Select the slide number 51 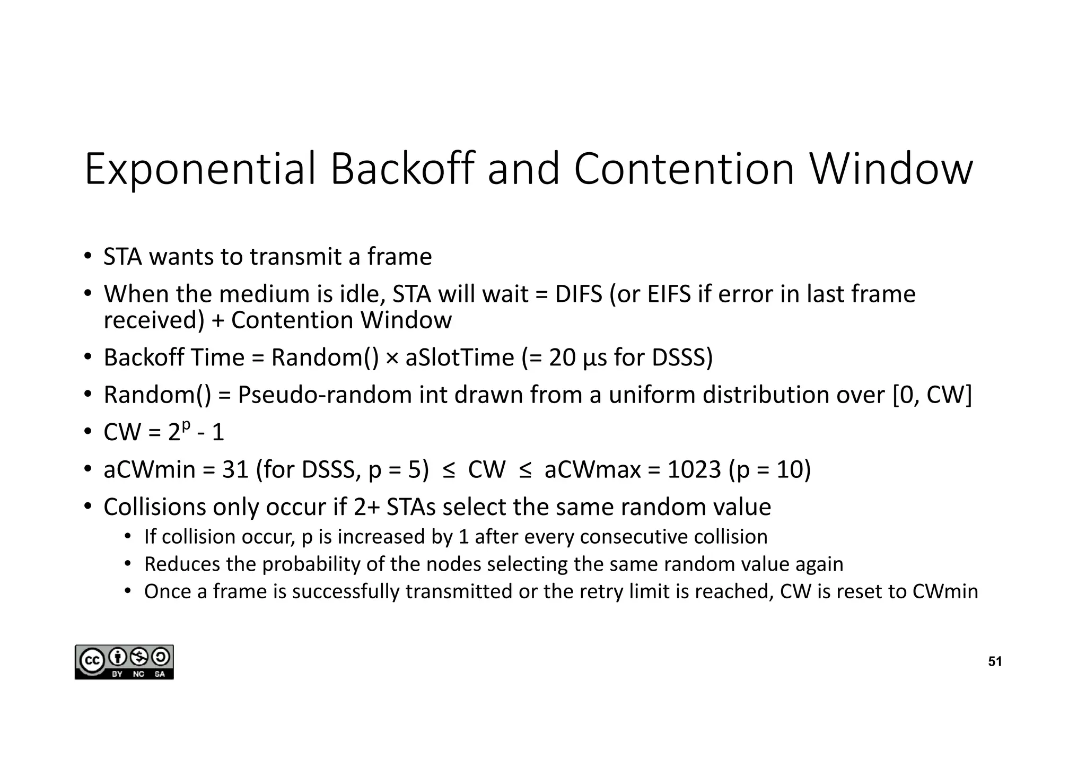995,661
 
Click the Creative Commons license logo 124,662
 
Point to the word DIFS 579,294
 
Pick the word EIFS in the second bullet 669,294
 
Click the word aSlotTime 460,358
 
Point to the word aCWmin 150,470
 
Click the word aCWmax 592,470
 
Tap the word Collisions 154,507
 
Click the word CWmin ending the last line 945,592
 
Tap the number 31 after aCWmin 235,470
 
